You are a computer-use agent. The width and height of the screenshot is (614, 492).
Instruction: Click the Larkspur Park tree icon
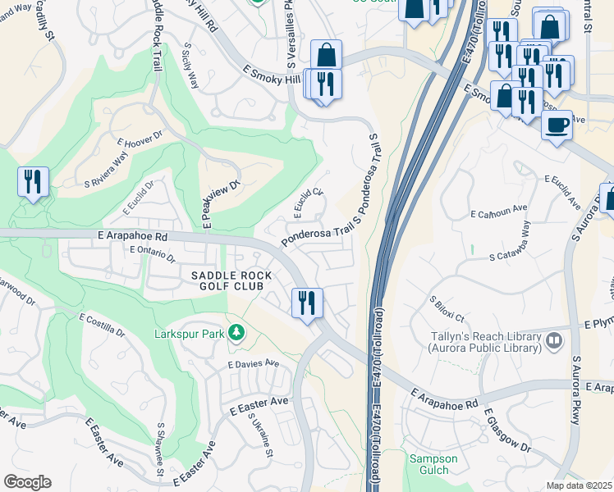pos(236,333)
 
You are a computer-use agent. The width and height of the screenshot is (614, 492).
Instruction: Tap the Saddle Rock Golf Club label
pos(227,280)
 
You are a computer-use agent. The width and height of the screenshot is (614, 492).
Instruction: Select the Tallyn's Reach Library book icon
pos(555,339)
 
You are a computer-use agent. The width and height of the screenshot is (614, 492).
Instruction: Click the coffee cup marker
pos(557,125)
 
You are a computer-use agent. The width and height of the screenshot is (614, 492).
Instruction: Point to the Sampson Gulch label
pos(429,464)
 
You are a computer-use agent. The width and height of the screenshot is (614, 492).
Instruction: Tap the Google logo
pos(27,482)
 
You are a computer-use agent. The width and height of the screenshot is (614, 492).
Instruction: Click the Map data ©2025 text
pos(579,485)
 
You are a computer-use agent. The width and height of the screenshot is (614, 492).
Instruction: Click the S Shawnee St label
pos(159,449)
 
